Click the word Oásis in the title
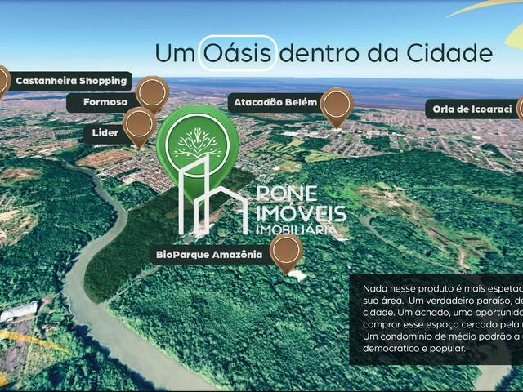click(238, 54)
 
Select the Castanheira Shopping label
click(71, 81)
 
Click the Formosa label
click(106, 102)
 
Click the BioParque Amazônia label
click(210, 255)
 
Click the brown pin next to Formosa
click(152, 93)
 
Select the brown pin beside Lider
click(140, 125)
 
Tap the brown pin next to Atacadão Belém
click(337, 105)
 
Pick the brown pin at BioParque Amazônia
click(287, 252)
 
